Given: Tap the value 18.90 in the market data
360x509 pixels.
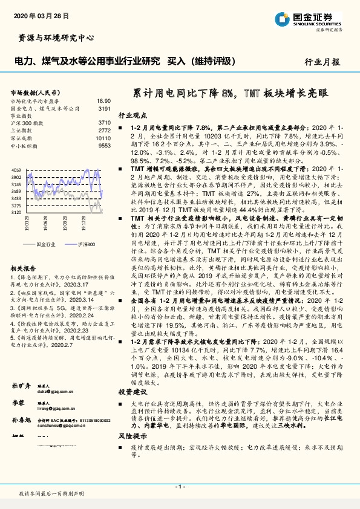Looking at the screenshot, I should [x=104, y=101].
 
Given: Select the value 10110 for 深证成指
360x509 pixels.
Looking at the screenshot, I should [x=103, y=138].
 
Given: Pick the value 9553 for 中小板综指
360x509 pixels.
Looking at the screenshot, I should [x=104, y=146].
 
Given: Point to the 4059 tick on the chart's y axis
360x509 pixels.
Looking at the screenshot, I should [x=16, y=171].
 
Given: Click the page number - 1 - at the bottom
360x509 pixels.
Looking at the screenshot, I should [x=180, y=486].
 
